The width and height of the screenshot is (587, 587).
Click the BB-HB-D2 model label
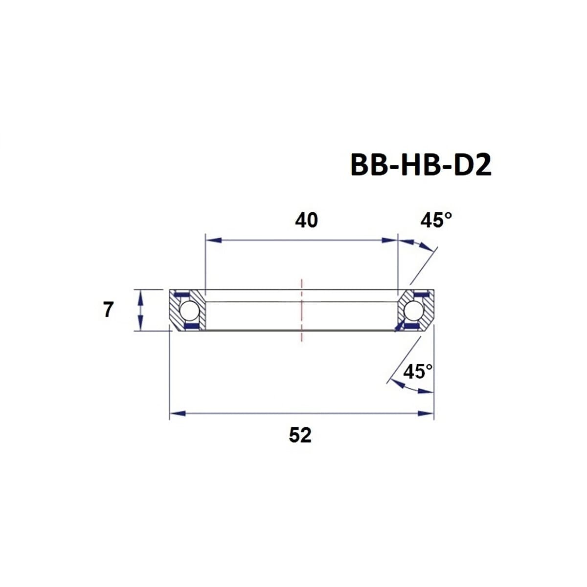(x=421, y=165)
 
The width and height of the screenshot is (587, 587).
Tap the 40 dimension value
(x=306, y=221)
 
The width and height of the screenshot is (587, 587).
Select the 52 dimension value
(x=300, y=434)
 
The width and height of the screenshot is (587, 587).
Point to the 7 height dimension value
(x=108, y=310)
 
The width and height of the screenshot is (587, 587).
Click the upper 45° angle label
(x=436, y=221)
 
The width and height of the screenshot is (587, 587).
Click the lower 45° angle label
(x=418, y=372)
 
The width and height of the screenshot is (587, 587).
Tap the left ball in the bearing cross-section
(x=188, y=310)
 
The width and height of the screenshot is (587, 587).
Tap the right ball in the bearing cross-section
(x=414, y=310)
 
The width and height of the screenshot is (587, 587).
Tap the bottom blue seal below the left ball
(x=191, y=325)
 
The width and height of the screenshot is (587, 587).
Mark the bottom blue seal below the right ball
(x=412, y=325)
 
